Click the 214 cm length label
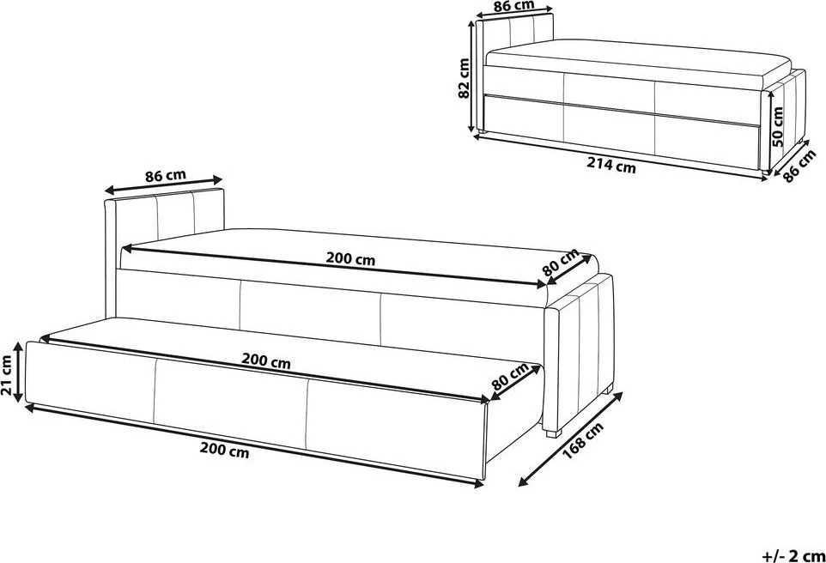(611, 166)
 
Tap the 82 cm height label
(464, 78)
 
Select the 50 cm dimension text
(777, 126)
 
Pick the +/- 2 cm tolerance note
(793, 555)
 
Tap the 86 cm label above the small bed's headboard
(514, 6)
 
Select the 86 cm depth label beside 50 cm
(799, 165)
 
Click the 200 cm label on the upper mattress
(350, 259)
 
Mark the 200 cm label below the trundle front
(224, 451)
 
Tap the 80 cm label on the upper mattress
(561, 263)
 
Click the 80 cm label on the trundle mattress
(510, 376)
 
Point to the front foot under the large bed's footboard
(550, 433)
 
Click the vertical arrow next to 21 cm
(19, 372)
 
